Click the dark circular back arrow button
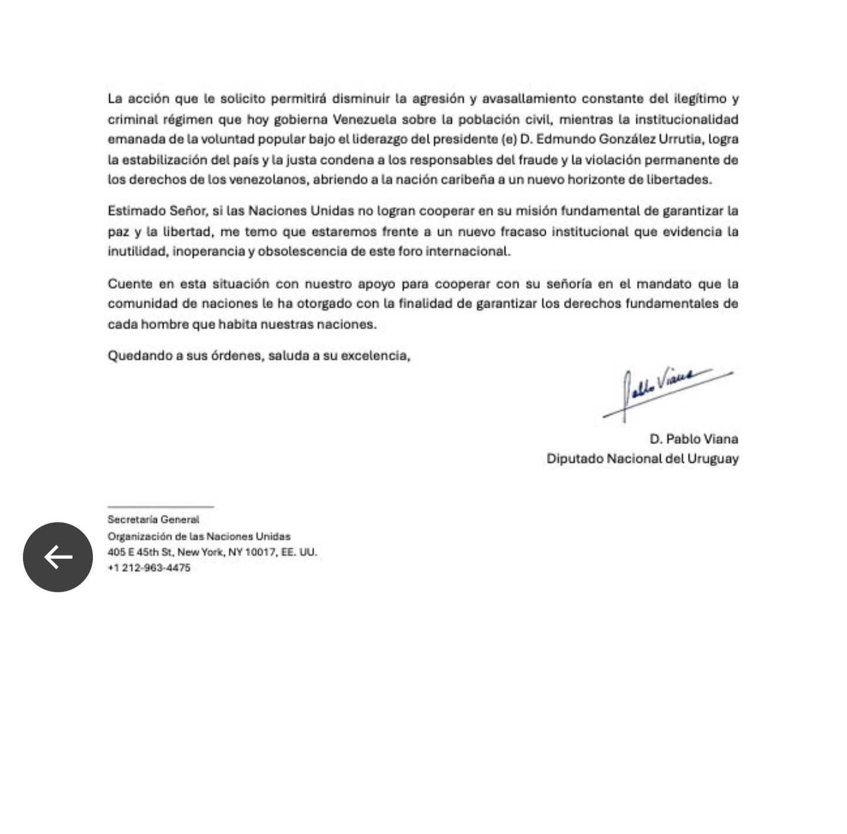tap(58, 557)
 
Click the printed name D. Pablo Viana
tap(693, 439)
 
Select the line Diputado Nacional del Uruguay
tap(642, 459)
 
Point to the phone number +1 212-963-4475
tap(149, 568)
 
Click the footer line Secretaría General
tap(153, 520)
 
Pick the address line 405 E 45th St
tap(212, 552)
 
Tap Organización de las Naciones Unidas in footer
tap(199, 536)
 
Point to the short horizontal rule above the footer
tap(161, 506)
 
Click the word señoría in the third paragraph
tap(569, 284)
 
